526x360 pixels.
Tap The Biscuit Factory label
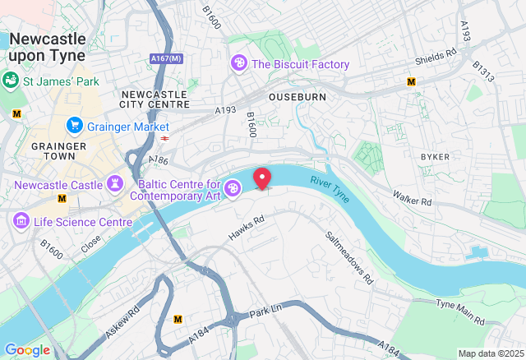coord(300,64)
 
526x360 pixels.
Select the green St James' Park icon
coord(12,81)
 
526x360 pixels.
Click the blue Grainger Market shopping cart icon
coord(75,126)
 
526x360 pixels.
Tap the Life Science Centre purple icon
coord(20,222)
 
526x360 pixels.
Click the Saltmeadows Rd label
coord(348,256)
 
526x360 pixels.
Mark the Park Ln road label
coord(265,311)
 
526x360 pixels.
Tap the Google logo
coord(27,350)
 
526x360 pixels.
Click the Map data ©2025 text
coord(489,353)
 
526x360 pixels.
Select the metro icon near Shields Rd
coord(412,81)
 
